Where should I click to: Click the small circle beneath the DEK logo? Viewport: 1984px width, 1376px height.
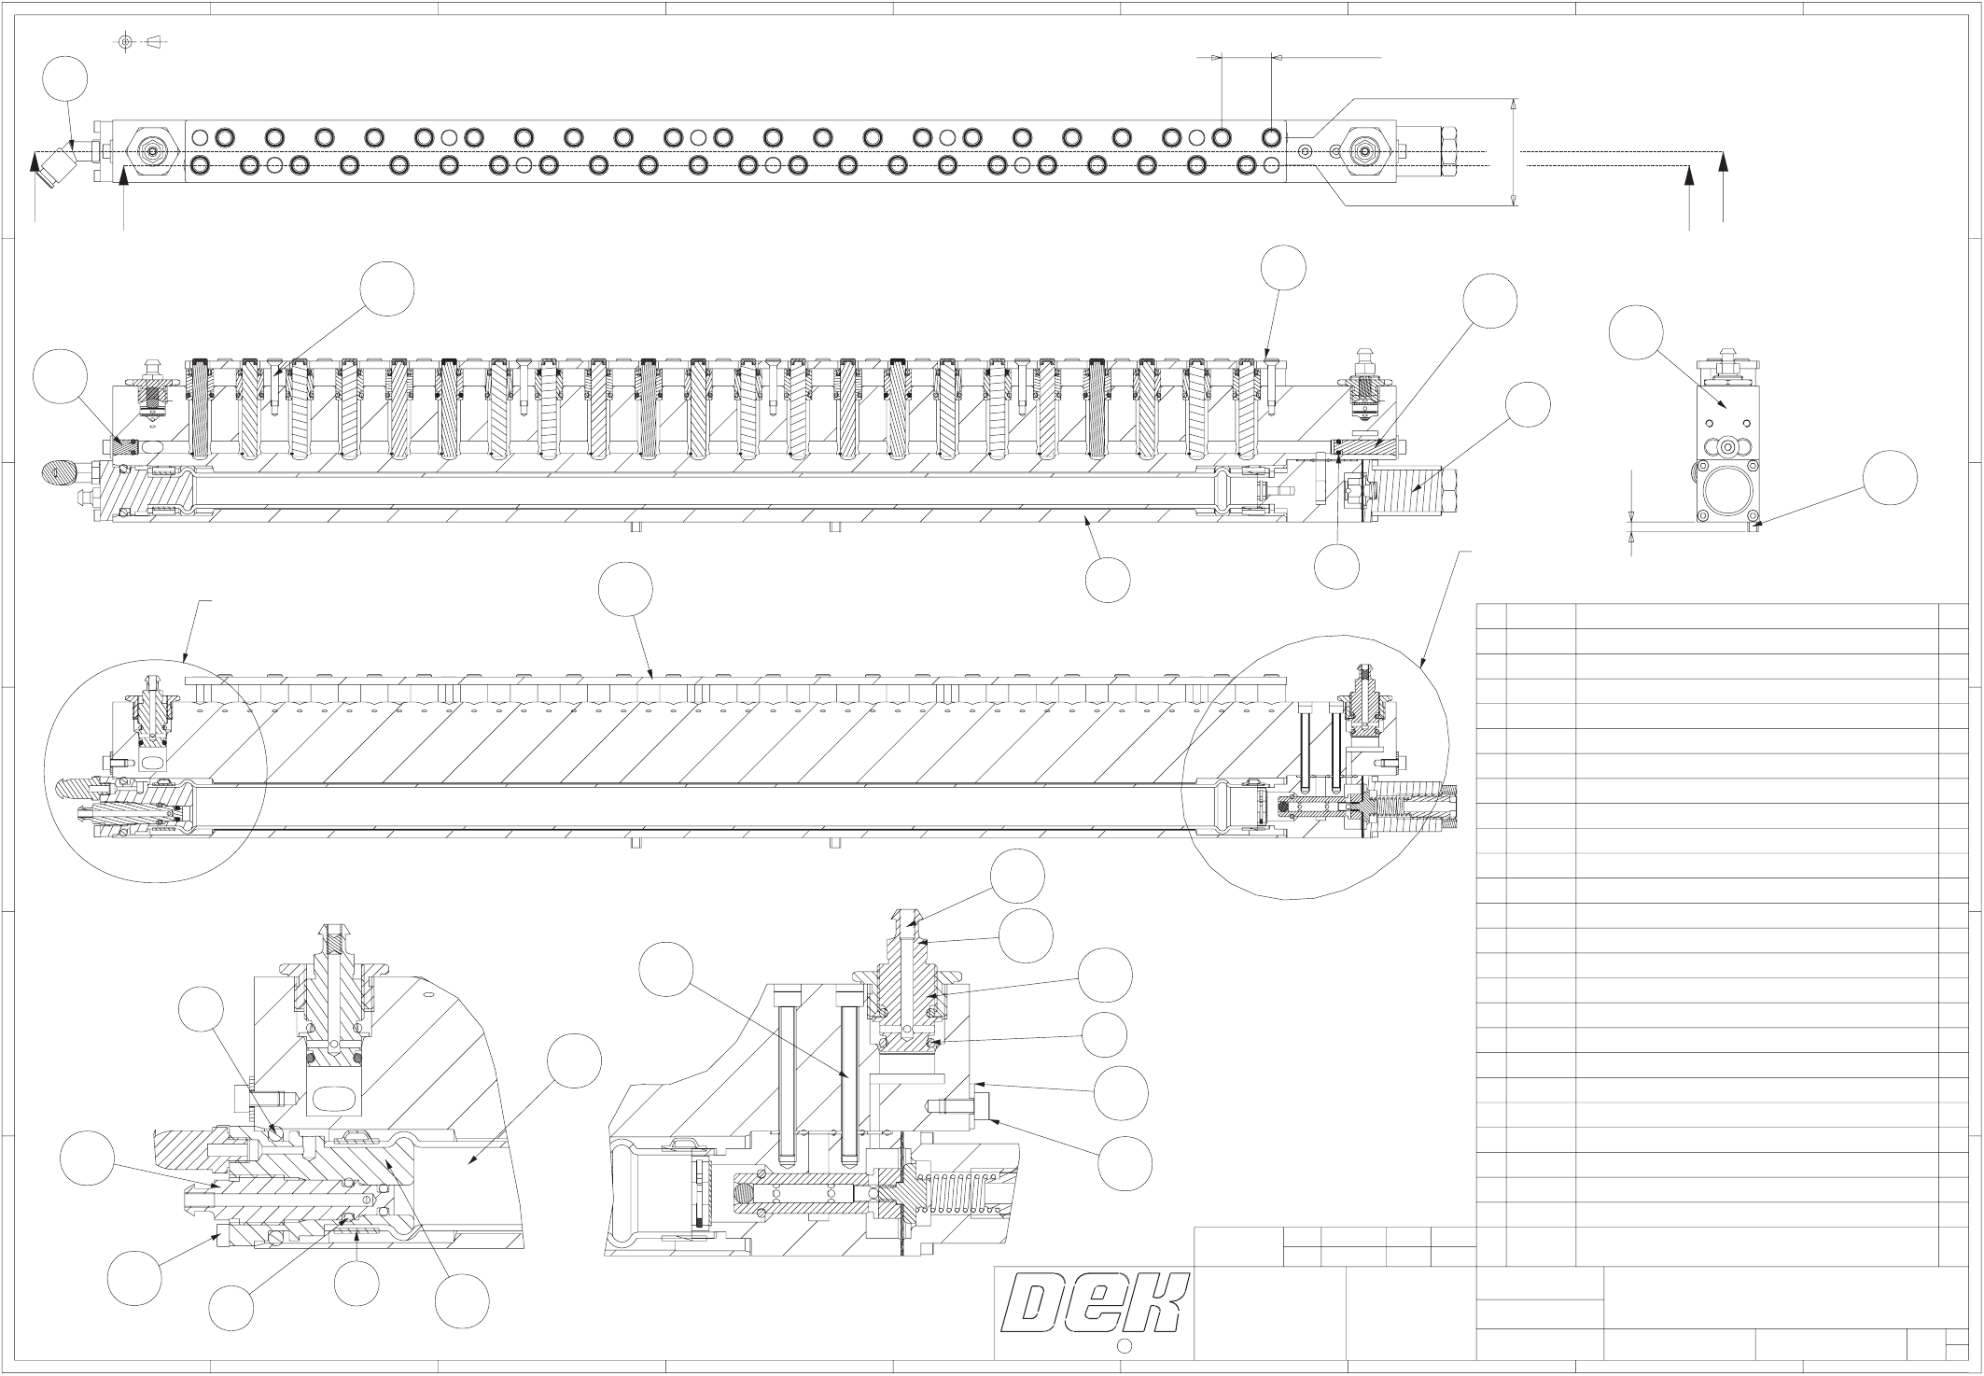[x=1125, y=1345]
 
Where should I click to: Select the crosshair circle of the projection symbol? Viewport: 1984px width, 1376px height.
[x=126, y=41]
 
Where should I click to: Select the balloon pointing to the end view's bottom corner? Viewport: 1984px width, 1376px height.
[x=1890, y=478]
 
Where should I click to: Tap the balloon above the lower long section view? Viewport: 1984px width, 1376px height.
[x=625, y=590]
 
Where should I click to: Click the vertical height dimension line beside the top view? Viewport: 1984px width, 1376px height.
[x=1514, y=151]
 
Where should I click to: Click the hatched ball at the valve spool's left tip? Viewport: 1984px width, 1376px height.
[x=746, y=1192]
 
